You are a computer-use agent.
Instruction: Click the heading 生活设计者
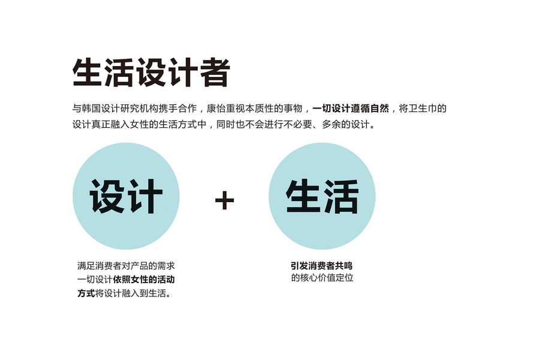[151, 73]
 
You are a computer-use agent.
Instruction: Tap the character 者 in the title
[215, 73]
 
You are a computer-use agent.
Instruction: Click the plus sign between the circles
[224, 200]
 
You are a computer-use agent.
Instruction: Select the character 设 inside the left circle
[108, 197]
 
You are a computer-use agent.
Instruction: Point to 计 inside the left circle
[145, 197]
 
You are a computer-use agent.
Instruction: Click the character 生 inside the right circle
[303, 197]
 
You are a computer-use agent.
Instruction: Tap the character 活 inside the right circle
[341, 197]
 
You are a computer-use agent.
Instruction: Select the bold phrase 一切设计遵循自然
[351, 109]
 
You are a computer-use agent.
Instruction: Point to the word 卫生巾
[427, 109]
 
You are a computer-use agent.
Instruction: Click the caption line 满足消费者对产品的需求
[126, 266]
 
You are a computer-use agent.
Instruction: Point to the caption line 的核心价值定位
[322, 278]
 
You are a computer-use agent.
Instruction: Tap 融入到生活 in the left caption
[144, 293]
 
